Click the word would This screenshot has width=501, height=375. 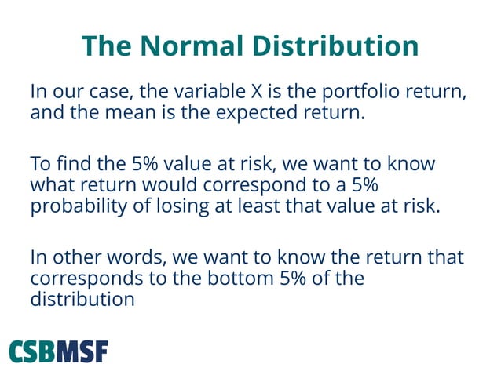(x=179, y=187)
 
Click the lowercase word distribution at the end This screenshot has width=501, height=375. (x=82, y=299)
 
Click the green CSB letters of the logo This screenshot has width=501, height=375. (x=32, y=351)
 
